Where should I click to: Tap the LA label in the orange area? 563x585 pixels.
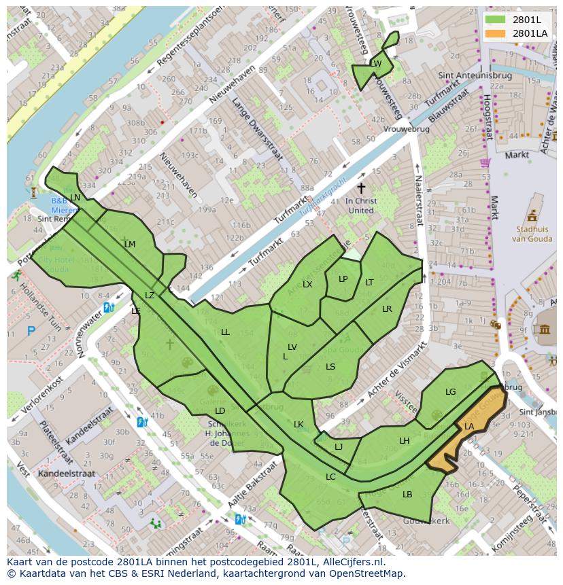pos(469,427)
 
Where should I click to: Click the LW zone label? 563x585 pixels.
pos(375,65)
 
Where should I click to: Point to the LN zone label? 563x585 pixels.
pos(75,198)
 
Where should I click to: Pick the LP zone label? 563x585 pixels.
pos(343,279)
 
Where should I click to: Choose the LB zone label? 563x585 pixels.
pos(407,495)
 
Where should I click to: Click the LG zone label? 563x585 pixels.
pos(450,392)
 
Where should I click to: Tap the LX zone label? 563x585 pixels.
pos(307,285)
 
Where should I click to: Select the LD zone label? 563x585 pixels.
pos(220,411)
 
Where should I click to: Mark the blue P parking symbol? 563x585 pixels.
pos(31,332)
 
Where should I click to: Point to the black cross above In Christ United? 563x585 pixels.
pos(361,188)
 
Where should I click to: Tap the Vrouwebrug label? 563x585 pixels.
pos(406,129)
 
